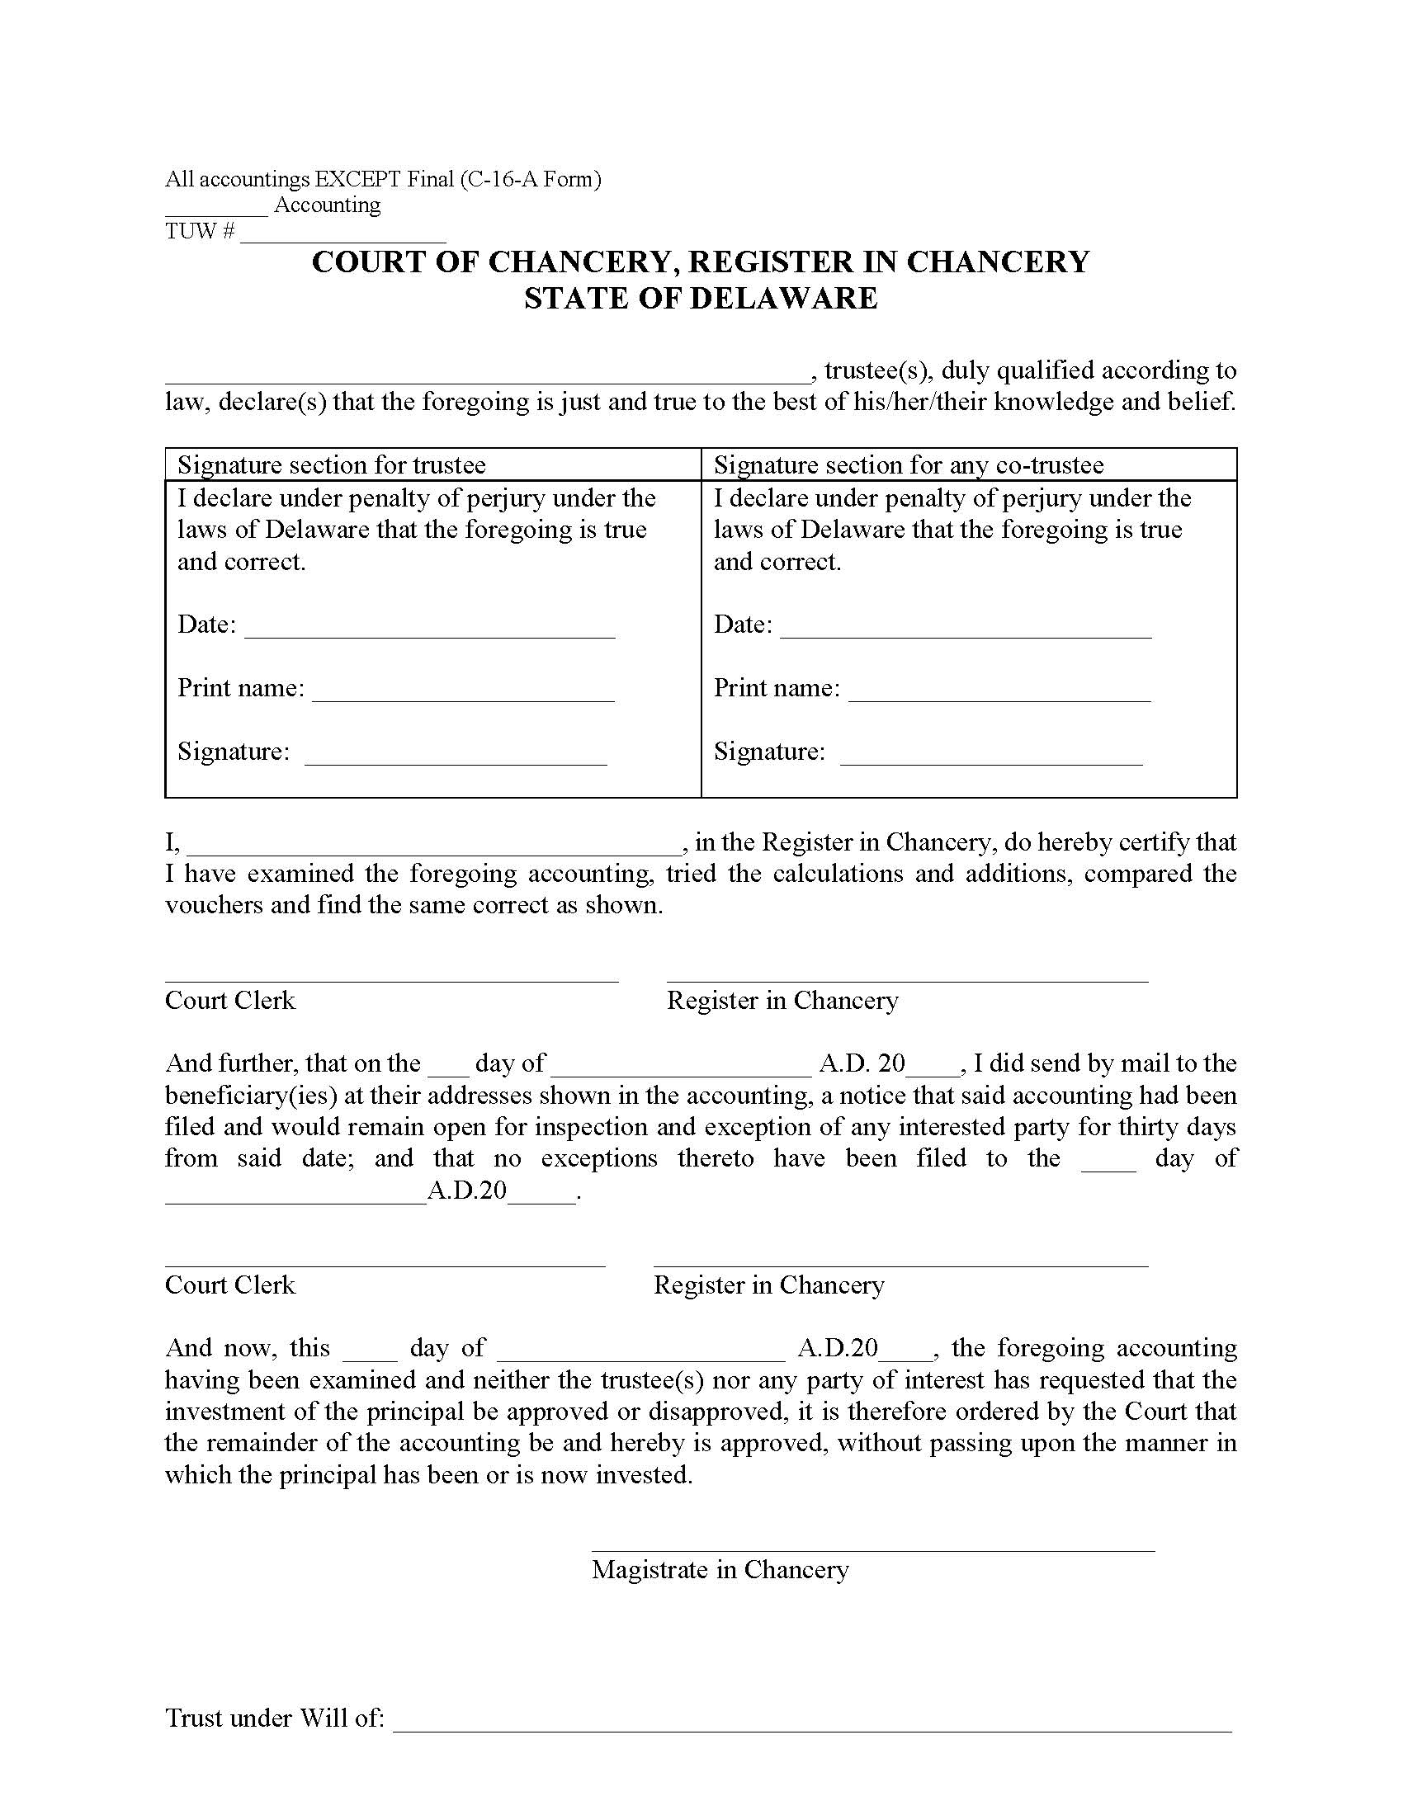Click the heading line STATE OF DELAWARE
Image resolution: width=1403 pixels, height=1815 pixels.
click(x=701, y=299)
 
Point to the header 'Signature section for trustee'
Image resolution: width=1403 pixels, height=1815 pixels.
click(x=332, y=464)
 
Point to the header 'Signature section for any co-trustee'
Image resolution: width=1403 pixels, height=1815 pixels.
click(x=909, y=464)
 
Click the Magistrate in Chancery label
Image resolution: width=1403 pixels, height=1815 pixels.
click(x=720, y=1569)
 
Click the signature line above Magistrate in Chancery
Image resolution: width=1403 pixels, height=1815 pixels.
click(x=872, y=1549)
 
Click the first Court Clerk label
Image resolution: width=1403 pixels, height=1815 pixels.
click(x=230, y=1000)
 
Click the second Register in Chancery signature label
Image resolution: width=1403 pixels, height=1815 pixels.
click(x=769, y=1285)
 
